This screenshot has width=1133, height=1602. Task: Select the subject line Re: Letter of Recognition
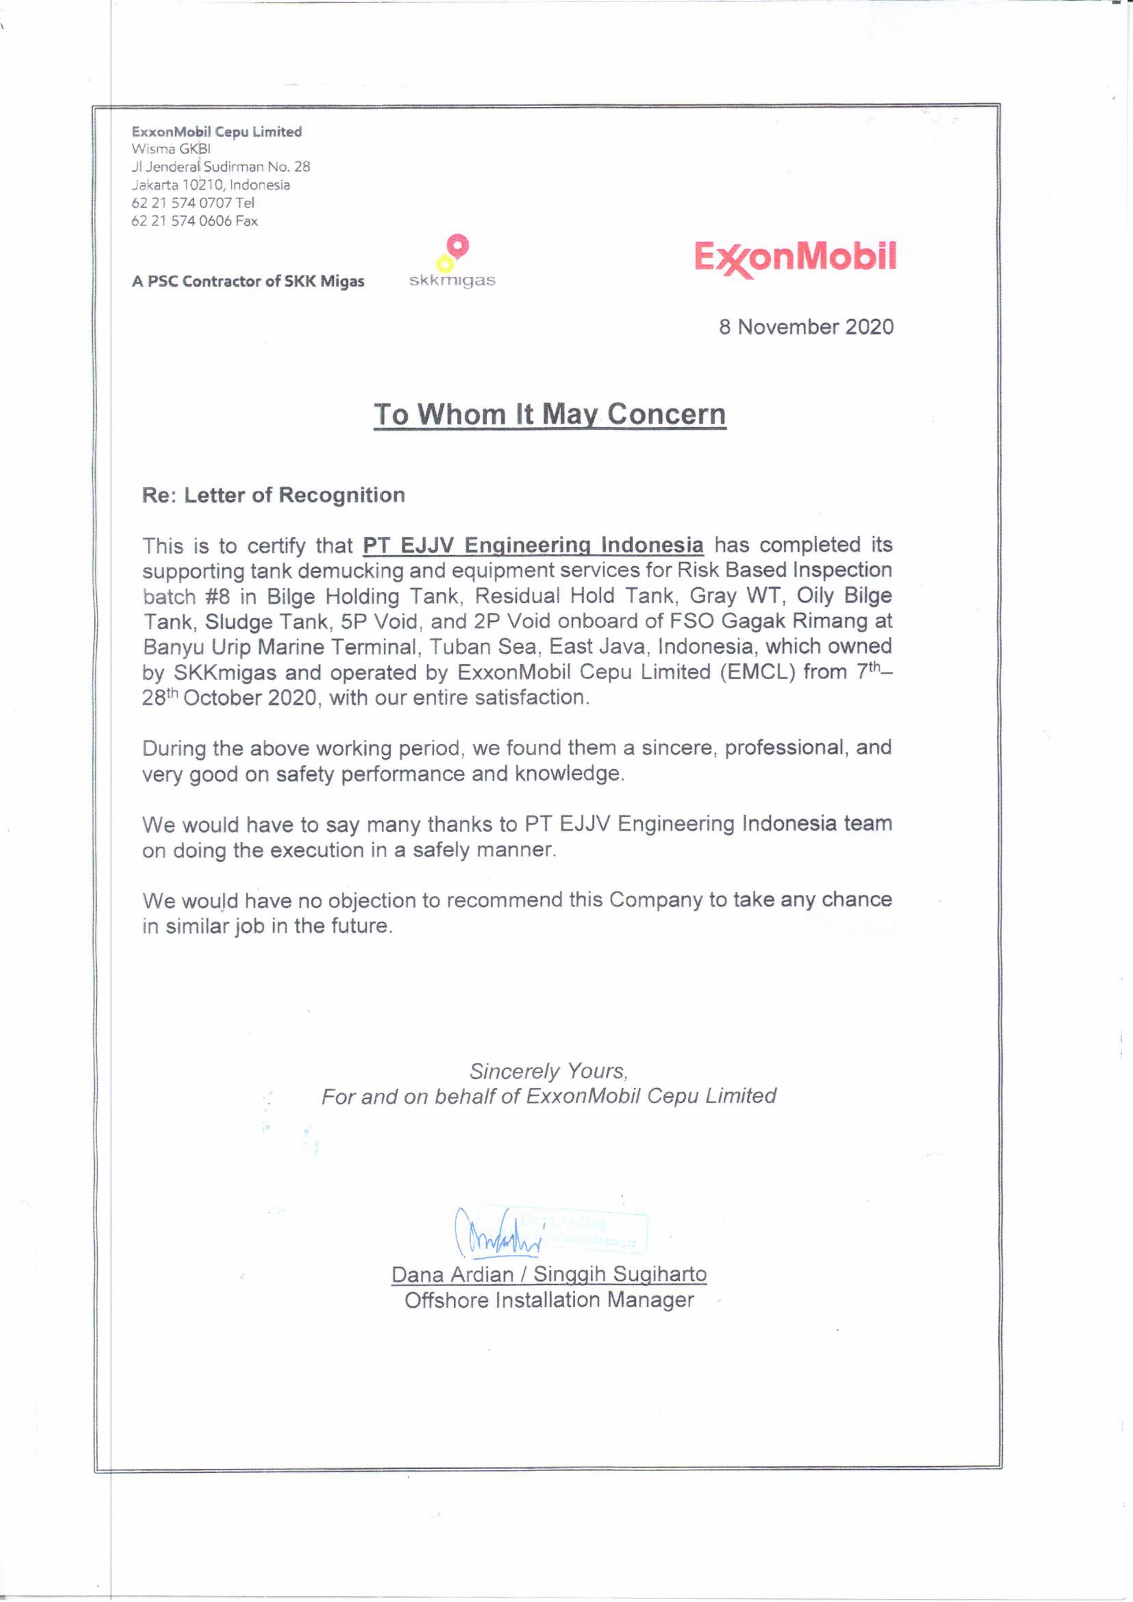click(273, 495)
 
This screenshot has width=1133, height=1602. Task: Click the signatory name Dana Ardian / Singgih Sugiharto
click(549, 1275)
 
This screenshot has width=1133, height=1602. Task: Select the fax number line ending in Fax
click(194, 221)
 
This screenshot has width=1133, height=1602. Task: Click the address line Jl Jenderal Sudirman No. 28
click(220, 167)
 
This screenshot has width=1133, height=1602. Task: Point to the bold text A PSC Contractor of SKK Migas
click(248, 282)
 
